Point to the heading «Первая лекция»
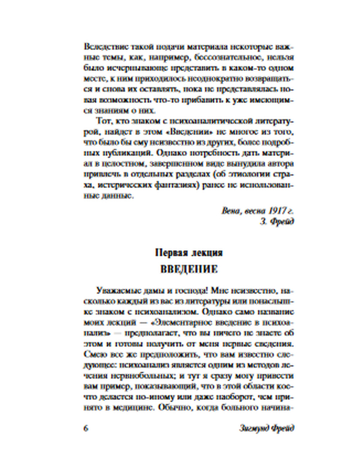pos(189,253)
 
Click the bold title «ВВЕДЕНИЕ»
pos(189,269)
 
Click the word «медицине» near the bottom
pos(134,408)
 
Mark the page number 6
pos(86,429)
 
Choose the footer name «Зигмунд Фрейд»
pos(266,429)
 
